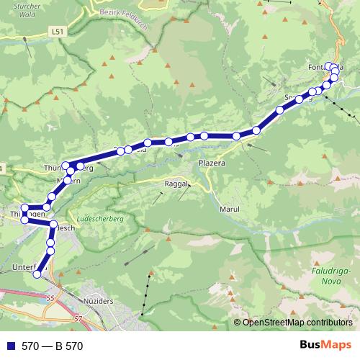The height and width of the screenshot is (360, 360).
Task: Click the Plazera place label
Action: tap(212, 163)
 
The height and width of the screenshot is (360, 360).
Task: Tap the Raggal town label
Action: tap(176, 184)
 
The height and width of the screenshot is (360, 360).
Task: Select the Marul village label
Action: tap(228, 209)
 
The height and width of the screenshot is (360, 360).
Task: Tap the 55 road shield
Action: tap(50, 297)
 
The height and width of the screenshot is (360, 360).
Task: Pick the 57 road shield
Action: tap(78, 317)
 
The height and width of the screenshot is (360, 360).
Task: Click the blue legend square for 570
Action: tap(10, 346)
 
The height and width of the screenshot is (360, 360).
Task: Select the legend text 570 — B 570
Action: tap(52, 346)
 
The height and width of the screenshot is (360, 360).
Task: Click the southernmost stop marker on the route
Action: tap(37, 274)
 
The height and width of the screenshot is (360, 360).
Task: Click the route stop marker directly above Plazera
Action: tap(204, 135)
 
